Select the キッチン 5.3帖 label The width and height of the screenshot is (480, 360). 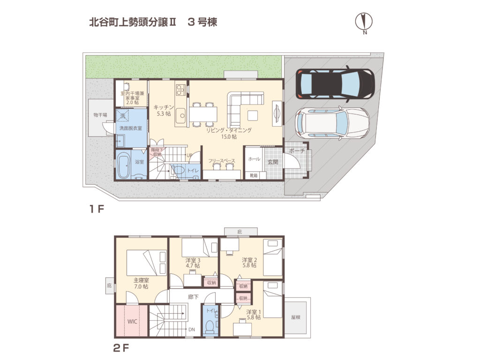pyautogui.click(x=164, y=110)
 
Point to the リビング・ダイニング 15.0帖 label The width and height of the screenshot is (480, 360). pyautogui.click(x=229, y=133)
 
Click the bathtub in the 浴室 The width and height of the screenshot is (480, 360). pyautogui.click(x=124, y=165)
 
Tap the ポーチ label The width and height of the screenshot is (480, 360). pyautogui.click(x=297, y=151)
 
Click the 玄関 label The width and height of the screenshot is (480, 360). pyautogui.click(x=273, y=162)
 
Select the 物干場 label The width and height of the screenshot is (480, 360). pyautogui.click(x=100, y=115)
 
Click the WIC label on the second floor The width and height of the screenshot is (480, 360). pyautogui.click(x=132, y=322)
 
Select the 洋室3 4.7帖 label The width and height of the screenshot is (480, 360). pyautogui.click(x=193, y=262)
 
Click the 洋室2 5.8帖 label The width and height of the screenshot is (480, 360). pyautogui.click(x=249, y=262)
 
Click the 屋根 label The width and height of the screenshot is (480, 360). pyautogui.click(x=295, y=317)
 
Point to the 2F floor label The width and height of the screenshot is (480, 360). pyautogui.click(x=121, y=349)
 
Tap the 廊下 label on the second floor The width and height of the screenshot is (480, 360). pyautogui.click(x=193, y=296)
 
